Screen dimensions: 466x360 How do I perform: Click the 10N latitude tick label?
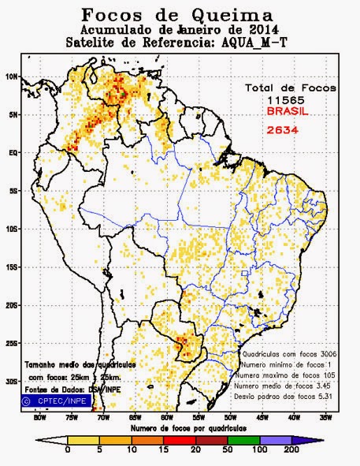(x=13, y=77)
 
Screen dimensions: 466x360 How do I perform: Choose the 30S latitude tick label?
(x=13, y=381)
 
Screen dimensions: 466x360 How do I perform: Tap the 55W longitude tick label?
(x=198, y=418)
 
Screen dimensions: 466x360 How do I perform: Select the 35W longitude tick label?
(x=325, y=418)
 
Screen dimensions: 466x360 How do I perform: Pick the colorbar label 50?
(x=225, y=449)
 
